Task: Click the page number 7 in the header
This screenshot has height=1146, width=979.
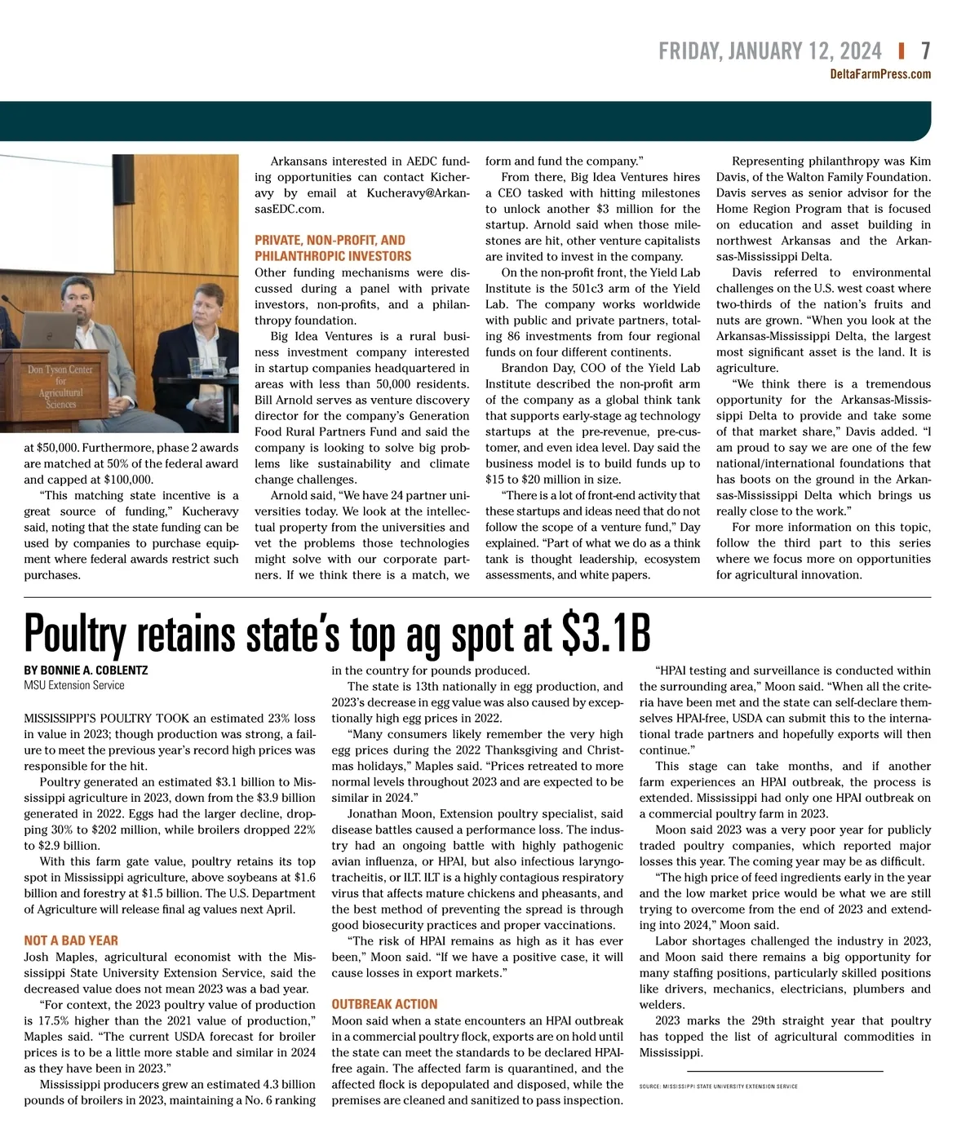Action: click(x=925, y=51)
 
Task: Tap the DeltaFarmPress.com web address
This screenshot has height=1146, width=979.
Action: click(x=879, y=74)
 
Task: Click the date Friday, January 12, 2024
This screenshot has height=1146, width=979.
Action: click(x=769, y=51)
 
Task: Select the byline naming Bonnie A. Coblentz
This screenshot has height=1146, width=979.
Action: click(x=86, y=670)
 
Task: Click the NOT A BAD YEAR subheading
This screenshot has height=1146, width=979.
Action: click(x=71, y=940)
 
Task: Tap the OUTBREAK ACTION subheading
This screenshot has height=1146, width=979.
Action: click(x=384, y=1004)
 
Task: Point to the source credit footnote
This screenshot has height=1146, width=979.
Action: click(x=719, y=1086)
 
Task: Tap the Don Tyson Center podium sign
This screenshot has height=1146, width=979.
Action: click(x=60, y=387)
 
